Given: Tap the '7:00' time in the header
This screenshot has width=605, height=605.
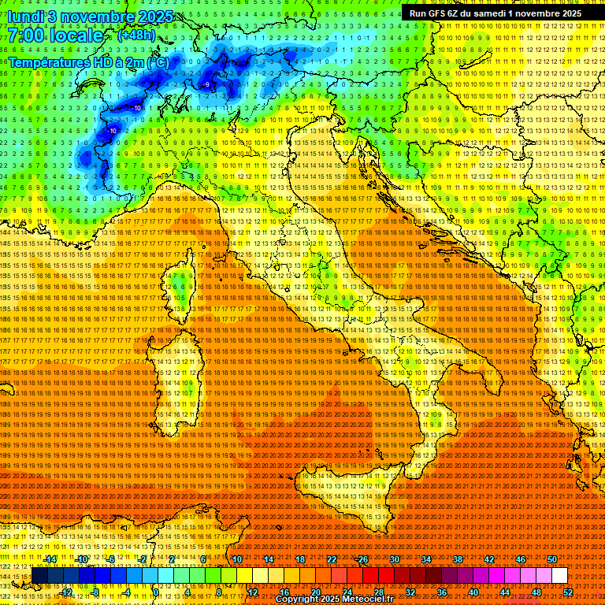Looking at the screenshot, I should pos(25,35).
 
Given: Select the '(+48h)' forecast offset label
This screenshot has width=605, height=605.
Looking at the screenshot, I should pos(135,35).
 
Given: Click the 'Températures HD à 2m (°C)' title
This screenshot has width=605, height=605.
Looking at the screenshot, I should pos(88,61).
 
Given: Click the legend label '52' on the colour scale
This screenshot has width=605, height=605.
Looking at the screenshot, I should pos(567,592).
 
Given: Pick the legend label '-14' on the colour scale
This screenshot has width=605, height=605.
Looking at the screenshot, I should pos(51,559).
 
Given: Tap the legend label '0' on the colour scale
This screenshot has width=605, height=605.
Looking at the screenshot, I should pos(157,592).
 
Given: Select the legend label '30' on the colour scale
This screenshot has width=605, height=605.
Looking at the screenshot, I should pos(395,559).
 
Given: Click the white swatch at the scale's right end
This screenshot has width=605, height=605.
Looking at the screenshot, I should pos(559,575).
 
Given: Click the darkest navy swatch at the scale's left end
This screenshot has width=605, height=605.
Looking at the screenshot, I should pos(39,575).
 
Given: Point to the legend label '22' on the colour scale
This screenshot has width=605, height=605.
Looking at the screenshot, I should pos(332,559).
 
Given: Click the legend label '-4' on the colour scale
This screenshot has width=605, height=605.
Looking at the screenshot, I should pos(126,592).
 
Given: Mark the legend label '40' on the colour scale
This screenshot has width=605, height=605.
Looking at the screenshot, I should pos(473,592).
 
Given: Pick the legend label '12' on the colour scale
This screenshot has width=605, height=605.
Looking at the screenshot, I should pos(252,592).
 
